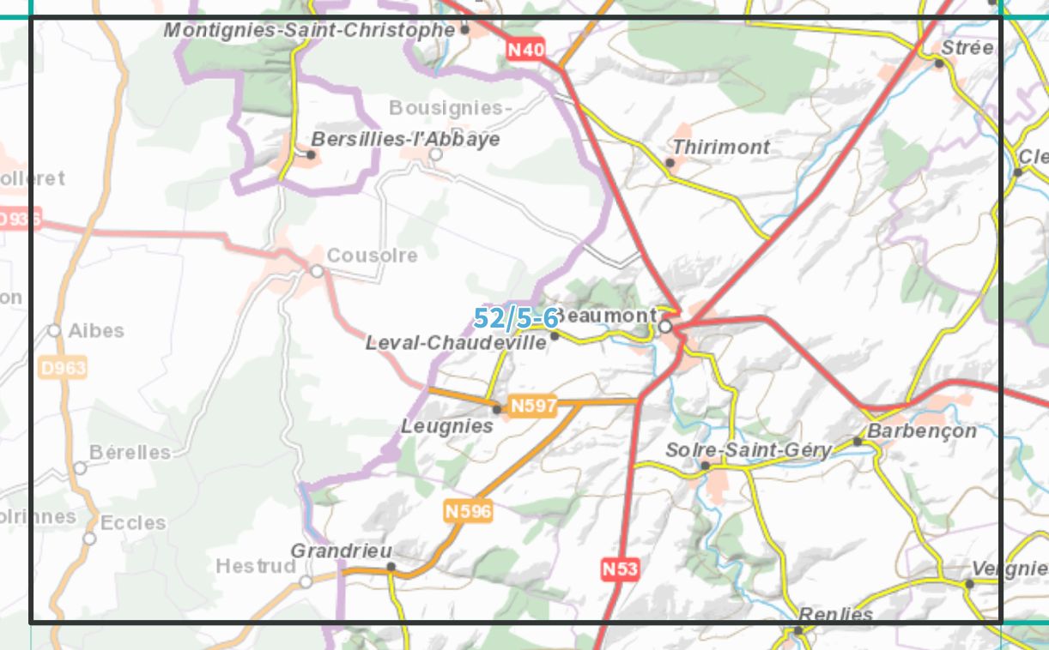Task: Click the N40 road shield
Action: (x=525, y=50)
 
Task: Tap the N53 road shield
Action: (x=620, y=569)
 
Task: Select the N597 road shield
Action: (x=533, y=406)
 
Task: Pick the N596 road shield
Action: (x=469, y=512)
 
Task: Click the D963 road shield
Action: (x=63, y=368)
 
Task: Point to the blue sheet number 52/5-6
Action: (x=516, y=318)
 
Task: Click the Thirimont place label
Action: (x=721, y=147)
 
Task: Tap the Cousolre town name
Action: (x=372, y=256)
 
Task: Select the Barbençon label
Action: (x=922, y=430)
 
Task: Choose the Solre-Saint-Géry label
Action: (x=749, y=450)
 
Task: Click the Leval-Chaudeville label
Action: (x=456, y=343)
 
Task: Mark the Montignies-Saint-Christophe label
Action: (x=309, y=30)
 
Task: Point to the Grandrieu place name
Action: (x=342, y=551)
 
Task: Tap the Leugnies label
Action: (x=447, y=426)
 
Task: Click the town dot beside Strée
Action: (x=939, y=63)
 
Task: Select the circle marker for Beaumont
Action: (x=665, y=326)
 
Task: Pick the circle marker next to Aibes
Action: (x=54, y=330)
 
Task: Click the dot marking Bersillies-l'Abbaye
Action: (x=312, y=154)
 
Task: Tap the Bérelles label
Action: (x=130, y=452)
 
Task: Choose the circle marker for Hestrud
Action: (x=306, y=581)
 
